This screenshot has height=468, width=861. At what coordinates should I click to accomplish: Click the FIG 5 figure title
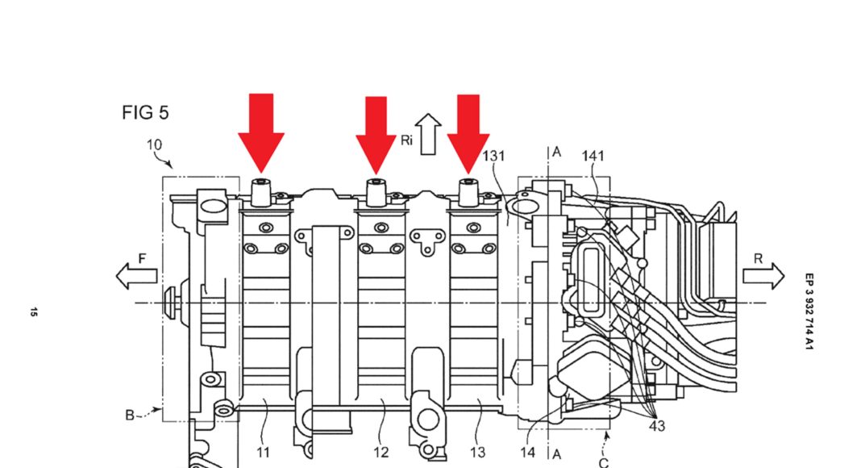[145, 113]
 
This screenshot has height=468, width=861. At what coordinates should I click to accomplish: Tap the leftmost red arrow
[261, 133]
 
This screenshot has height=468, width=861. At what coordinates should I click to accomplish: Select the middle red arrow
[376, 135]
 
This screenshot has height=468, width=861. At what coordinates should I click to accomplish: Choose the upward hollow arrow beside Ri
[428, 134]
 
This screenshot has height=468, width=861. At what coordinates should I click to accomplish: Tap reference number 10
[154, 145]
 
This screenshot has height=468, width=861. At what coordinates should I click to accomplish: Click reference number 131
[493, 156]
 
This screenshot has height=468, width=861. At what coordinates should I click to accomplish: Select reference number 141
[593, 157]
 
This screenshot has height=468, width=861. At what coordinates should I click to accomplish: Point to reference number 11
[264, 453]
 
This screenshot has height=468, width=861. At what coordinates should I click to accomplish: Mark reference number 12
[381, 453]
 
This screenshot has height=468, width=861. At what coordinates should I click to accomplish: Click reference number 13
[478, 453]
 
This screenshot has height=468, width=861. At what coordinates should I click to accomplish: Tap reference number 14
[528, 453]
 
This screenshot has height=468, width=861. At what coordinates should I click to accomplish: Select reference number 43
[657, 426]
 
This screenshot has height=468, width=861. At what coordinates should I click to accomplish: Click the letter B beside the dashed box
[130, 416]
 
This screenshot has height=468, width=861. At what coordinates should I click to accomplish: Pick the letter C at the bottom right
[604, 462]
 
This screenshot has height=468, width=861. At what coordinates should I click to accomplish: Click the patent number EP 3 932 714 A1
[809, 311]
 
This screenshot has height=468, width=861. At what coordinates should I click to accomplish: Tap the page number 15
[34, 312]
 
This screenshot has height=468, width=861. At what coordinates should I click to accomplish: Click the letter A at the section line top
[557, 153]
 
